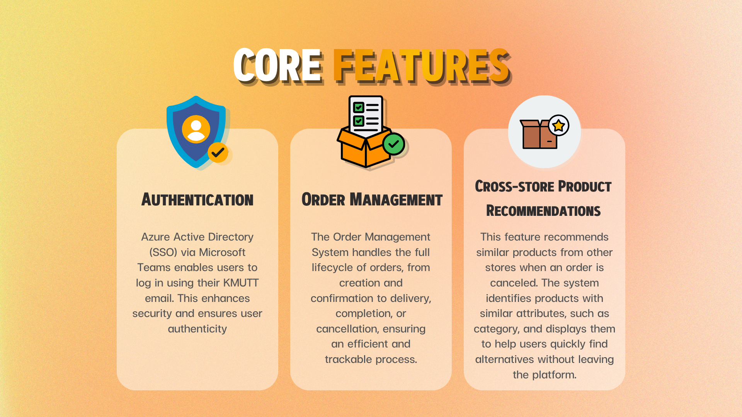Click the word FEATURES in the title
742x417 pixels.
[422, 66]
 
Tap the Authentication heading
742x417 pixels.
[197, 200]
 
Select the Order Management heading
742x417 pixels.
[372, 200]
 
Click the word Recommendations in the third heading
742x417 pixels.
[543, 211]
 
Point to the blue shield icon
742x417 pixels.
[196, 132]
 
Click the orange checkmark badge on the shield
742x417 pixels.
[218, 153]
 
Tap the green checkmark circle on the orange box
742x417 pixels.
[393, 144]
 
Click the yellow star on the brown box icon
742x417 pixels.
[558, 125]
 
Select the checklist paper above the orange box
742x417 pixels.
[366, 115]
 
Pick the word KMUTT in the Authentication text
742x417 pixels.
[241, 283]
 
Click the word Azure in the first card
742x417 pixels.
[155, 237]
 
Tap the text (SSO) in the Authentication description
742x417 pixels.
[163, 253]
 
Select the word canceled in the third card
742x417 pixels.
[514, 283]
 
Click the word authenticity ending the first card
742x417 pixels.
[197, 329]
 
